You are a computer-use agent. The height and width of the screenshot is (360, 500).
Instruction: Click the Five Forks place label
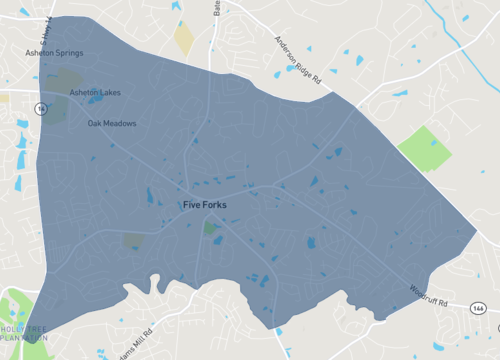click(x=205, y=205)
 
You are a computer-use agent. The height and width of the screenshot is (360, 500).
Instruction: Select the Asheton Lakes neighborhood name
click(x=95, y=92)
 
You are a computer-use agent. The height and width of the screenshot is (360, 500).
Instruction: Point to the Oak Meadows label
click(x=112, y=124)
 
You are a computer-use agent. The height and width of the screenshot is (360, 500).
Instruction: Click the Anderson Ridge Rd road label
click(x=300, y=59)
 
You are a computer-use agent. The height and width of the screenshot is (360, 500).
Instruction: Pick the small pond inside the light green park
click(x=434, y=143)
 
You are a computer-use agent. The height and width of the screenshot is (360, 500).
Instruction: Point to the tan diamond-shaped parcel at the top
click(x=184, y=38)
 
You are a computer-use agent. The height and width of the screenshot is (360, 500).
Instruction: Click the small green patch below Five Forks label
click(x=210, y=229)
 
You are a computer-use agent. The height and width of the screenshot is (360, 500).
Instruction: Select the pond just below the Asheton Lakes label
click(x=96, y=100)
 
